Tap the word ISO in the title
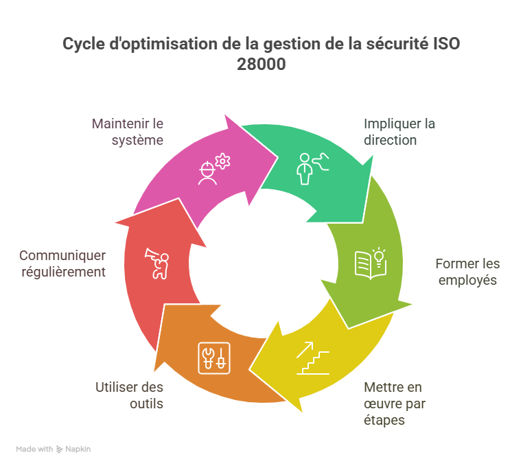click(x=446, y=45)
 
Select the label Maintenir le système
click(x=128, y=132)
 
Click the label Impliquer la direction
click(x=399, y=132)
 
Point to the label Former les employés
click(x=467, y=272)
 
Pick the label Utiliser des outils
click(x=130, y=395)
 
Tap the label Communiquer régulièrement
click(x=62, y=264)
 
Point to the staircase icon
click(x=313, y=359)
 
